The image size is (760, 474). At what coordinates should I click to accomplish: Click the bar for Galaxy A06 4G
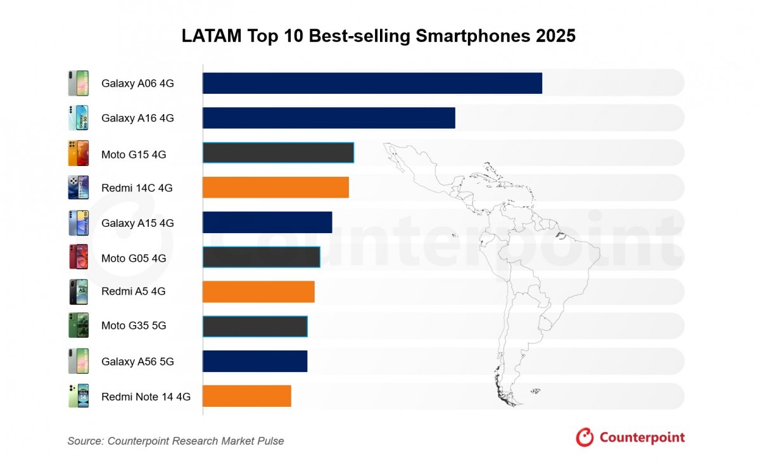(x=372, y=83)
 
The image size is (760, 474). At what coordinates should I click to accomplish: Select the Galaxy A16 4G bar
(x=329, y=118)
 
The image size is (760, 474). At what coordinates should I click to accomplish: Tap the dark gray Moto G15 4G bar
(x=278, y=153)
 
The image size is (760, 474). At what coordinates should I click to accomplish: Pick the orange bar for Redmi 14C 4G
(x=275, y=188)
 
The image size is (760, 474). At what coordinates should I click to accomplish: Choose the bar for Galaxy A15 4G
(x=267, y=222)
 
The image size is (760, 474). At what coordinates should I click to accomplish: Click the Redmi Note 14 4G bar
(x=247, y=396)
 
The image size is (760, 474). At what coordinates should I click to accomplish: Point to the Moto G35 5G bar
(x=255, y=326)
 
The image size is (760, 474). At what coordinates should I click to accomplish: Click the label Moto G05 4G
(x=134, y=258)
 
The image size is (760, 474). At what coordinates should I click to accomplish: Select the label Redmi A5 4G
(x=133, y=292)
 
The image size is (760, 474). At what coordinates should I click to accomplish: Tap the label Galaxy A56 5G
(x=137, y=362)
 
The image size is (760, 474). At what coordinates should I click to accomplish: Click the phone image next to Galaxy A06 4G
(x=79, y=83)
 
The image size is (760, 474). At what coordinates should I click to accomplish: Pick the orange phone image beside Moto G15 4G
(x=79, y=153)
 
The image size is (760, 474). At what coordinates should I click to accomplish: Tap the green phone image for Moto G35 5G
(x=79, y=326)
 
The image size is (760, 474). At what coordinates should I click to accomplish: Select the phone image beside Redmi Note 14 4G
(x=79, y=396)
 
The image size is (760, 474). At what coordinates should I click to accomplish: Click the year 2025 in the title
(x=555, y=36)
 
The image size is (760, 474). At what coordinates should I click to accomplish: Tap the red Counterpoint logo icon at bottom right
(x=585, y=437)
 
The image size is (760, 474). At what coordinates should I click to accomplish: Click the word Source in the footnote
(x=85, y=441)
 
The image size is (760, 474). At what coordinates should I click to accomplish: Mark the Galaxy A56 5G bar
(x=255, y=361)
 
